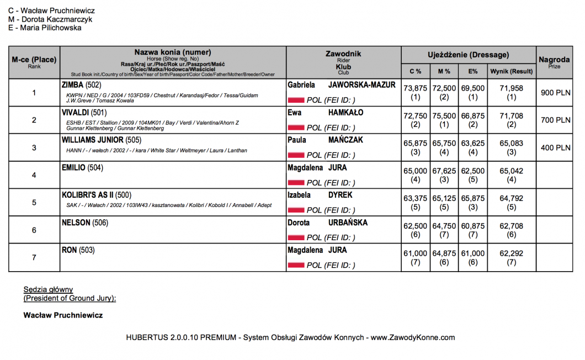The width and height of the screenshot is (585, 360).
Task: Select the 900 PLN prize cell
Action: coord(555,93)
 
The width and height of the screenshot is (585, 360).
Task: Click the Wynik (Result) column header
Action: coord(511,71)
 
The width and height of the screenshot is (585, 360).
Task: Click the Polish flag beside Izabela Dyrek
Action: coord(296,210)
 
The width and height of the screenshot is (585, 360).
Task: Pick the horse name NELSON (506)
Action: coord(85,223)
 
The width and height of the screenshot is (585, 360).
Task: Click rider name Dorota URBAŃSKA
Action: coord(327,223)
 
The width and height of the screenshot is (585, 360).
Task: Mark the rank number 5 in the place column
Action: coord(34,203)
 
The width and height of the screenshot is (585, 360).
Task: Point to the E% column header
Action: coord(472,71)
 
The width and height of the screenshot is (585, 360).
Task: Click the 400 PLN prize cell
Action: coord(555,148)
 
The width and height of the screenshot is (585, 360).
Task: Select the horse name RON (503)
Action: coord(78,250)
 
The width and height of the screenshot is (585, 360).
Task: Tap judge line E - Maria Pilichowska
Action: coord(45,28)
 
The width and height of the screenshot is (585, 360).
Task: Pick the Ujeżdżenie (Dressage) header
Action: coord(468,55)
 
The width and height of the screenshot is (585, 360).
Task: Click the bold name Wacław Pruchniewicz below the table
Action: coord(63,315)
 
